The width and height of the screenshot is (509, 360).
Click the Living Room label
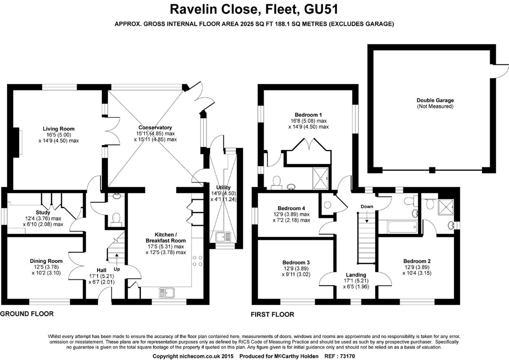point(58,129)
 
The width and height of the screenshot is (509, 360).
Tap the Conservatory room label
point(155,128)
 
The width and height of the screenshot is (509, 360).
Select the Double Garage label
point(435,100)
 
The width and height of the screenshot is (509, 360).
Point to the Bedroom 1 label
point(308,115)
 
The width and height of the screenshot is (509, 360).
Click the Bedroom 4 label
point(291,208)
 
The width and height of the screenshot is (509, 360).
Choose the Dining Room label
point(46,261)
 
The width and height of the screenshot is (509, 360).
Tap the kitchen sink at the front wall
point(167,292)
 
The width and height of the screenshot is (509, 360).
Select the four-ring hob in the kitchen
point(198,261)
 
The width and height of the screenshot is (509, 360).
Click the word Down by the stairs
point(366,206)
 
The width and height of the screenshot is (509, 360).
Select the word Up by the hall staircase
point(117,269)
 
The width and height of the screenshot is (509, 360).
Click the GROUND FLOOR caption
point(27,314)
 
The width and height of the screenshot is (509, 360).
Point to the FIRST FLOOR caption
point(272,314)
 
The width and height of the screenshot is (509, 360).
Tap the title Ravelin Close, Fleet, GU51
point(254,9)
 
